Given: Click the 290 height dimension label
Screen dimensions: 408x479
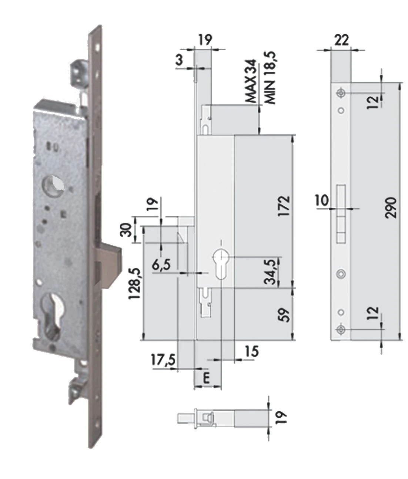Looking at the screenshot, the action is pos(390,207).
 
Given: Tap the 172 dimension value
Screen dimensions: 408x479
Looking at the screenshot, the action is pos(284,206).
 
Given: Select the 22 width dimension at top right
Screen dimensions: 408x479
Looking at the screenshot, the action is pos(341,40).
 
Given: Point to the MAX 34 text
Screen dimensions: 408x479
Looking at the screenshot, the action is pos(251,81).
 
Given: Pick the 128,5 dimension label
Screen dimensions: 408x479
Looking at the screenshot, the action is pos(134,283).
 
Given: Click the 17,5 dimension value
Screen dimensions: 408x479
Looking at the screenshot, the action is pos(163,360).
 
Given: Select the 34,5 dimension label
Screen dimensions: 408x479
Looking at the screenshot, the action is pos(270,271).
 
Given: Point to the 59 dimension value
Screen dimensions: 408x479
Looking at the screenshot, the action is pos(284,315).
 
